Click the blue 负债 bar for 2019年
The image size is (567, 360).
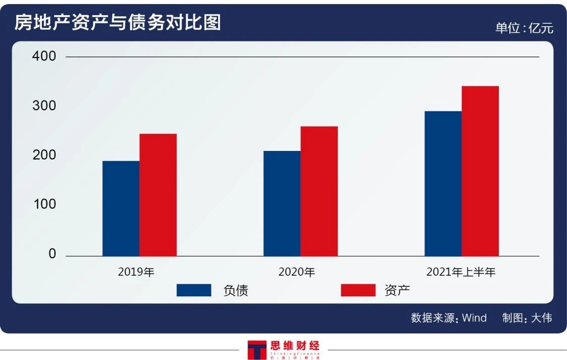pos(121,208)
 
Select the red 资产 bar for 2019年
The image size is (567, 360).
pos(158,195)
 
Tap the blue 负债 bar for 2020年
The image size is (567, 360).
pos(282,203)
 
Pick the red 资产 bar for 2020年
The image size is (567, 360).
pos(319,191)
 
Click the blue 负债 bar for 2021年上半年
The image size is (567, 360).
pos(443,183)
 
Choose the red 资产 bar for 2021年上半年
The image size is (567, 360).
pos(480,171)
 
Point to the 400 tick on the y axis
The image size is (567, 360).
pos(44,56)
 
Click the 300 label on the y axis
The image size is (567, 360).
pos(44,106)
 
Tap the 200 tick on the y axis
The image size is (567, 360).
pos(44,155)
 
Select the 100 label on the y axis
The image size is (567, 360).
pos(44,204)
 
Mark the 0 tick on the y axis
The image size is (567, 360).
pos(52,254)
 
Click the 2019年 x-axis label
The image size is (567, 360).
pos(136,272)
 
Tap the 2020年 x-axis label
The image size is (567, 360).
pos(297,272)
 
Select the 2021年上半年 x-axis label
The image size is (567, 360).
pos(461,272)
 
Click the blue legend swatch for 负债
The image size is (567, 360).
pos(194,290)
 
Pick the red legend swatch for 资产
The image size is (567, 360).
pos(358,290)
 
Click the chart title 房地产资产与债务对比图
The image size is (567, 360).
pos(117,23)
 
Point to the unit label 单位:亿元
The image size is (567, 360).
pos(524,28)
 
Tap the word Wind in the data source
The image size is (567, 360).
pos(474,318)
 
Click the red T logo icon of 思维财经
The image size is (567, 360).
pos(256,349)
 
